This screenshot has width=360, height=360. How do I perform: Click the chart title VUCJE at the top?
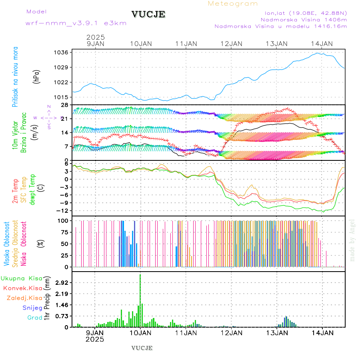148,14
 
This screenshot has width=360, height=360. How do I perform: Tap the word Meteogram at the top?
233,4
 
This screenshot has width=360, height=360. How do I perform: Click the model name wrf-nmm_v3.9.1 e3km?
76,23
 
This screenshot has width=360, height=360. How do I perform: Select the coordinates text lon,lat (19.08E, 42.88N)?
303,13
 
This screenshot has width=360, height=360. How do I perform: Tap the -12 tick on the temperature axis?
63,211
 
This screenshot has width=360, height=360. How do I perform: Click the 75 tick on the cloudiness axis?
64,232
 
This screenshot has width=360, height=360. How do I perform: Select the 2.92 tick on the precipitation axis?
62,283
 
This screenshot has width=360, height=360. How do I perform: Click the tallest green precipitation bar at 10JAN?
140,300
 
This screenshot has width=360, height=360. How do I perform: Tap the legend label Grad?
35,318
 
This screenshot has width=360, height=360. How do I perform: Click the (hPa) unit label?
37,76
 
